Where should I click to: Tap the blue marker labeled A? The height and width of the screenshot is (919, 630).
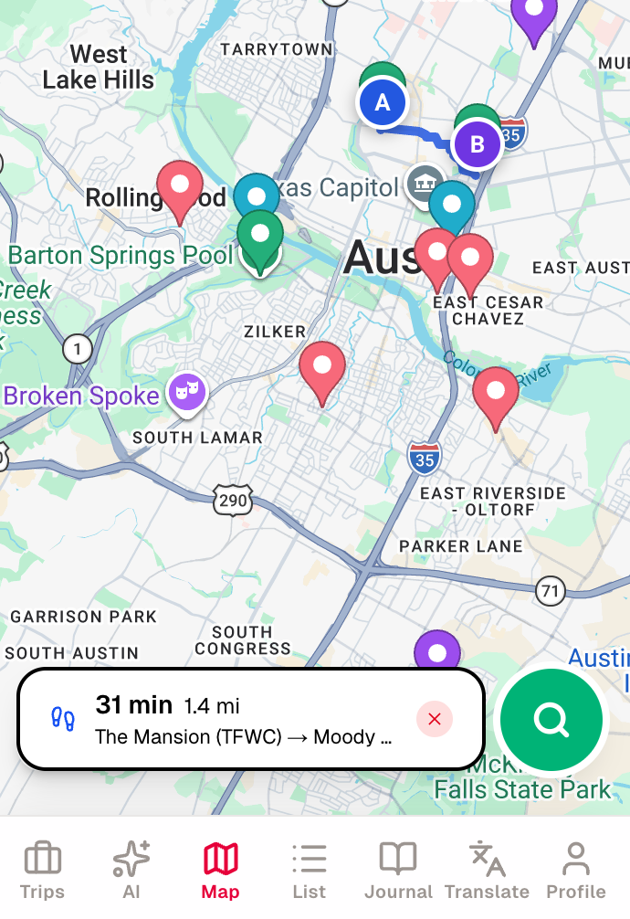pyautogui.click(x=383, y=102)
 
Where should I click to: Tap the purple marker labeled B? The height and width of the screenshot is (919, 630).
pyautogui.click(x=476, y=143)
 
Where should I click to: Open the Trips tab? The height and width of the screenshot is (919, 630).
pyautogui.click(x=42, y=870)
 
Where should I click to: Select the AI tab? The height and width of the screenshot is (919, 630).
pyautogui.click(x=131, y=870)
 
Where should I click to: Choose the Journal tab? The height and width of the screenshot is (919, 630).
pyautogui.click(x=398, y=870)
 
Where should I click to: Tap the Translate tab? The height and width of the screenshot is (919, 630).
pyautogui.click(x=487, y=870)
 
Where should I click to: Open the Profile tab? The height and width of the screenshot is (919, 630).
pyautogui.click(x=575, y=870)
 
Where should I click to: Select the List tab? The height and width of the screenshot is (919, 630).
pyautogui.click(x=310, y=870)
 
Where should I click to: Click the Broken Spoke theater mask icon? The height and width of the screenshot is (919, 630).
pyautogui.click(x=187, y=392)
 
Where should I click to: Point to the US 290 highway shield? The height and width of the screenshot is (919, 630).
pyautogui.click(x=233, y=500)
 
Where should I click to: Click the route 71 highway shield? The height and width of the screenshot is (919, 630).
pyautogui.click(x=549, y=591)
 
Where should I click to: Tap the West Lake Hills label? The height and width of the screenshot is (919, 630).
pyautogui.click(x=99, y=68)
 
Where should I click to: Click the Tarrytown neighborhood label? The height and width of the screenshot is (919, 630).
pyautogui.click(x=277, y=48)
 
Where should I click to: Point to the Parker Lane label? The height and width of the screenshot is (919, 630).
pyautogui.click(x=461, y=546)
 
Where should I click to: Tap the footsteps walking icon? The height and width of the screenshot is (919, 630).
pyautogui.click(x=63, y=719)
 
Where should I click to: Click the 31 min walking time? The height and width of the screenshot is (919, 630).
pyautogui.click(x=134, y=704)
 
